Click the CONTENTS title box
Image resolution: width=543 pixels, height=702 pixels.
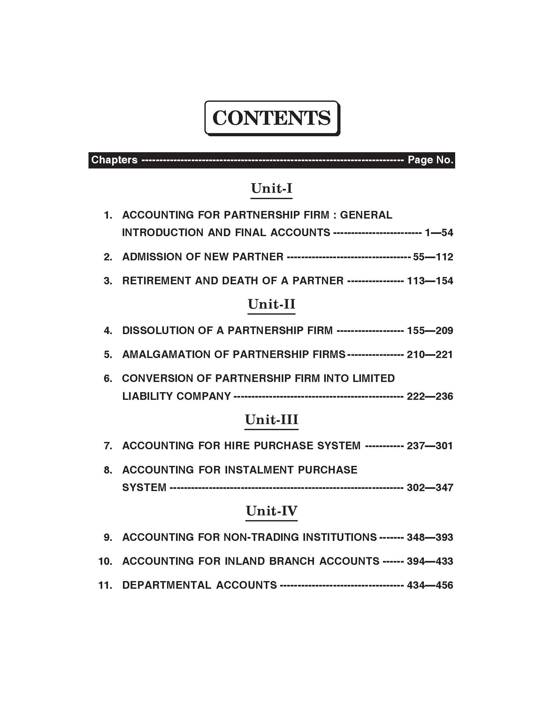coord(272,118)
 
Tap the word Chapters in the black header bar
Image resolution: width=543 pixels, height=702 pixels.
coord(114,160)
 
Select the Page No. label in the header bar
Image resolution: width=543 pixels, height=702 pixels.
coord(431,160)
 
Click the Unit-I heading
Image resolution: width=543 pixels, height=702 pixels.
coord(271,188)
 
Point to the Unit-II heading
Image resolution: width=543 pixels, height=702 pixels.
coord(271,304)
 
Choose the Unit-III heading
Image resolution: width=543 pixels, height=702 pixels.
coord(271,420)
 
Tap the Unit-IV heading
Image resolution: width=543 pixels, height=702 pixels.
coord(271,511)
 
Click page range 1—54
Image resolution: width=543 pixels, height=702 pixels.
coord(439,232)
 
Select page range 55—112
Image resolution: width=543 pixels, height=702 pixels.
coord(433,257)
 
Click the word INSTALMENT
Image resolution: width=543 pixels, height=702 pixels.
coord(259,470)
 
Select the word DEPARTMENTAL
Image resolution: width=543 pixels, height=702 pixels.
coord(166,585)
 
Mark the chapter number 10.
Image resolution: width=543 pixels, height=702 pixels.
coord(105,562)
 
